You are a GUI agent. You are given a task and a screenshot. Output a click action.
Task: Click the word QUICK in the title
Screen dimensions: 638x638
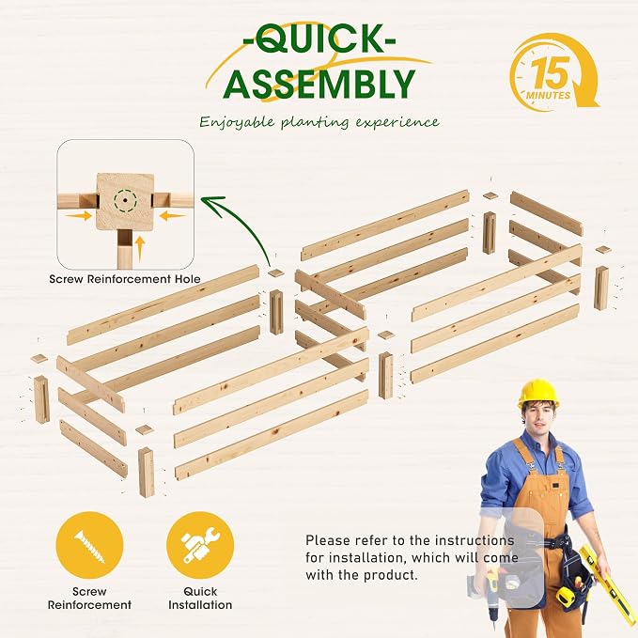pyautogui.click(x=319, y=39)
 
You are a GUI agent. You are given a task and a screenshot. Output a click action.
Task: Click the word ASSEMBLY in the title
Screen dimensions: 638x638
pyautogui.click(x=319, y=85)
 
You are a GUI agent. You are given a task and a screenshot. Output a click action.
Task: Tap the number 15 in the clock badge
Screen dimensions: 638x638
pyautogui.click(x=550, y=73)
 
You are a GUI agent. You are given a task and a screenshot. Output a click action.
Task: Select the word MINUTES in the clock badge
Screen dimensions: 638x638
pyautogui.click(x=548, y=96)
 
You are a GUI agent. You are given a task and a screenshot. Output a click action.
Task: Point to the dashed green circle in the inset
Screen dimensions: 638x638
pyautogui.click(x=125, y=200)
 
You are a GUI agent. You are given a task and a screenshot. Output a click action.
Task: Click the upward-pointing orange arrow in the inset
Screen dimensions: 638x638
pyautogui.click(x=140, y=248)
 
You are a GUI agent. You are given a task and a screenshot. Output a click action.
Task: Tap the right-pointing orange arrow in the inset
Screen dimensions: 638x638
pyautogui.click(x=79, y=215)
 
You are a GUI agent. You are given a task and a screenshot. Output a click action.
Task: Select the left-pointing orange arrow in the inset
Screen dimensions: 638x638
pyautogui.click(x=172, y=215)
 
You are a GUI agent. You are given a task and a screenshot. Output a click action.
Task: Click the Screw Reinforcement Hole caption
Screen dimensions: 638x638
pyautogui.click(x=125, y=279)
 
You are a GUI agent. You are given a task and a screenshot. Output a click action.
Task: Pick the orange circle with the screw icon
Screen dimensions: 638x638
pyautogui.click(x=89, y=545)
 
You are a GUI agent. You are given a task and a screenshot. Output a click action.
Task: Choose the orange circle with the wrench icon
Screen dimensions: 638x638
pyautogui.click(x=200, y=545)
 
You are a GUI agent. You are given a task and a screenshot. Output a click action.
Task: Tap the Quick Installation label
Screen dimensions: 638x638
pyautogui.click(x=200, y=598)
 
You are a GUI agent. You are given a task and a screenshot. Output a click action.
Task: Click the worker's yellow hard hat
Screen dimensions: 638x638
pyautogui.click(x=537, y=393)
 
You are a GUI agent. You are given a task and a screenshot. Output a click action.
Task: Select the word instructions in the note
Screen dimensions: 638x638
pyautogui.click(x=474, y=541)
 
